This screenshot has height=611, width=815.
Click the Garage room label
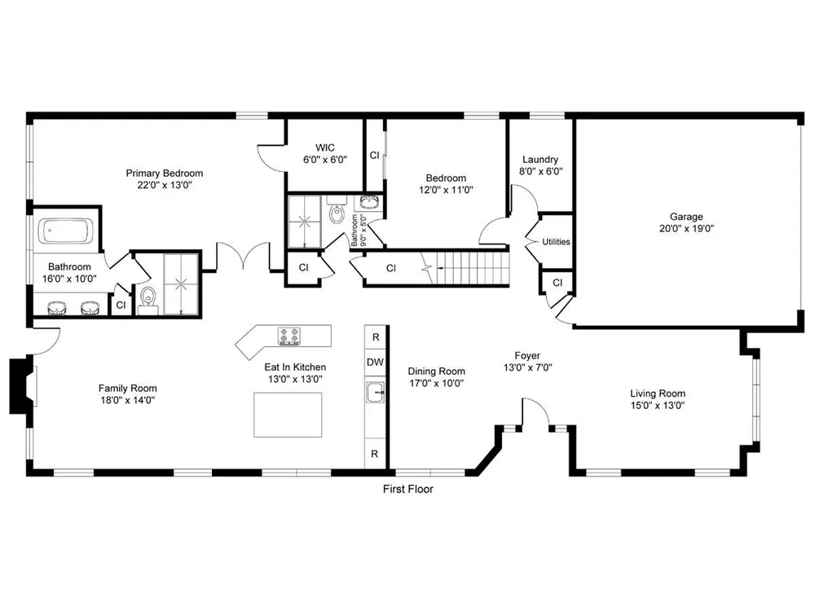click(x=686, y=217)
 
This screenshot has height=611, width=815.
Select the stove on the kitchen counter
click(x=289, y=336)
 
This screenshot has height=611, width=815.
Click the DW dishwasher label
click(x=375, y=363)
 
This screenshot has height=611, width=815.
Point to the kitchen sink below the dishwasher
click(x=375, y=392)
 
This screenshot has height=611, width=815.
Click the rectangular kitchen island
click(x=288, y=415)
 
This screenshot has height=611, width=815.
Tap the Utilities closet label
click(x=556, y=242)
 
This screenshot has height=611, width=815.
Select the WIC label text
click(x=325, y=147)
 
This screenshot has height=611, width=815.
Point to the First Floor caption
click(x=408, y=489)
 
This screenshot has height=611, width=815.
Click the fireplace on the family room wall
click(x=22, y=385)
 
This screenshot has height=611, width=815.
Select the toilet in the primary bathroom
click(x=148, y=301)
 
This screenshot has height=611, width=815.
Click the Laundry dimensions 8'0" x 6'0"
click(x=540, y=171)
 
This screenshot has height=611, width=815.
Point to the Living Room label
click(x=658, y=393)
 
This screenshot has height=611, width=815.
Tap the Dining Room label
click(x=436, y=371)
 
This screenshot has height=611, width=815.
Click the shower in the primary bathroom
click(x=181, y=284)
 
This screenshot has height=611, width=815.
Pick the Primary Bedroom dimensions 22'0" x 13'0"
click(x=165, y=185)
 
